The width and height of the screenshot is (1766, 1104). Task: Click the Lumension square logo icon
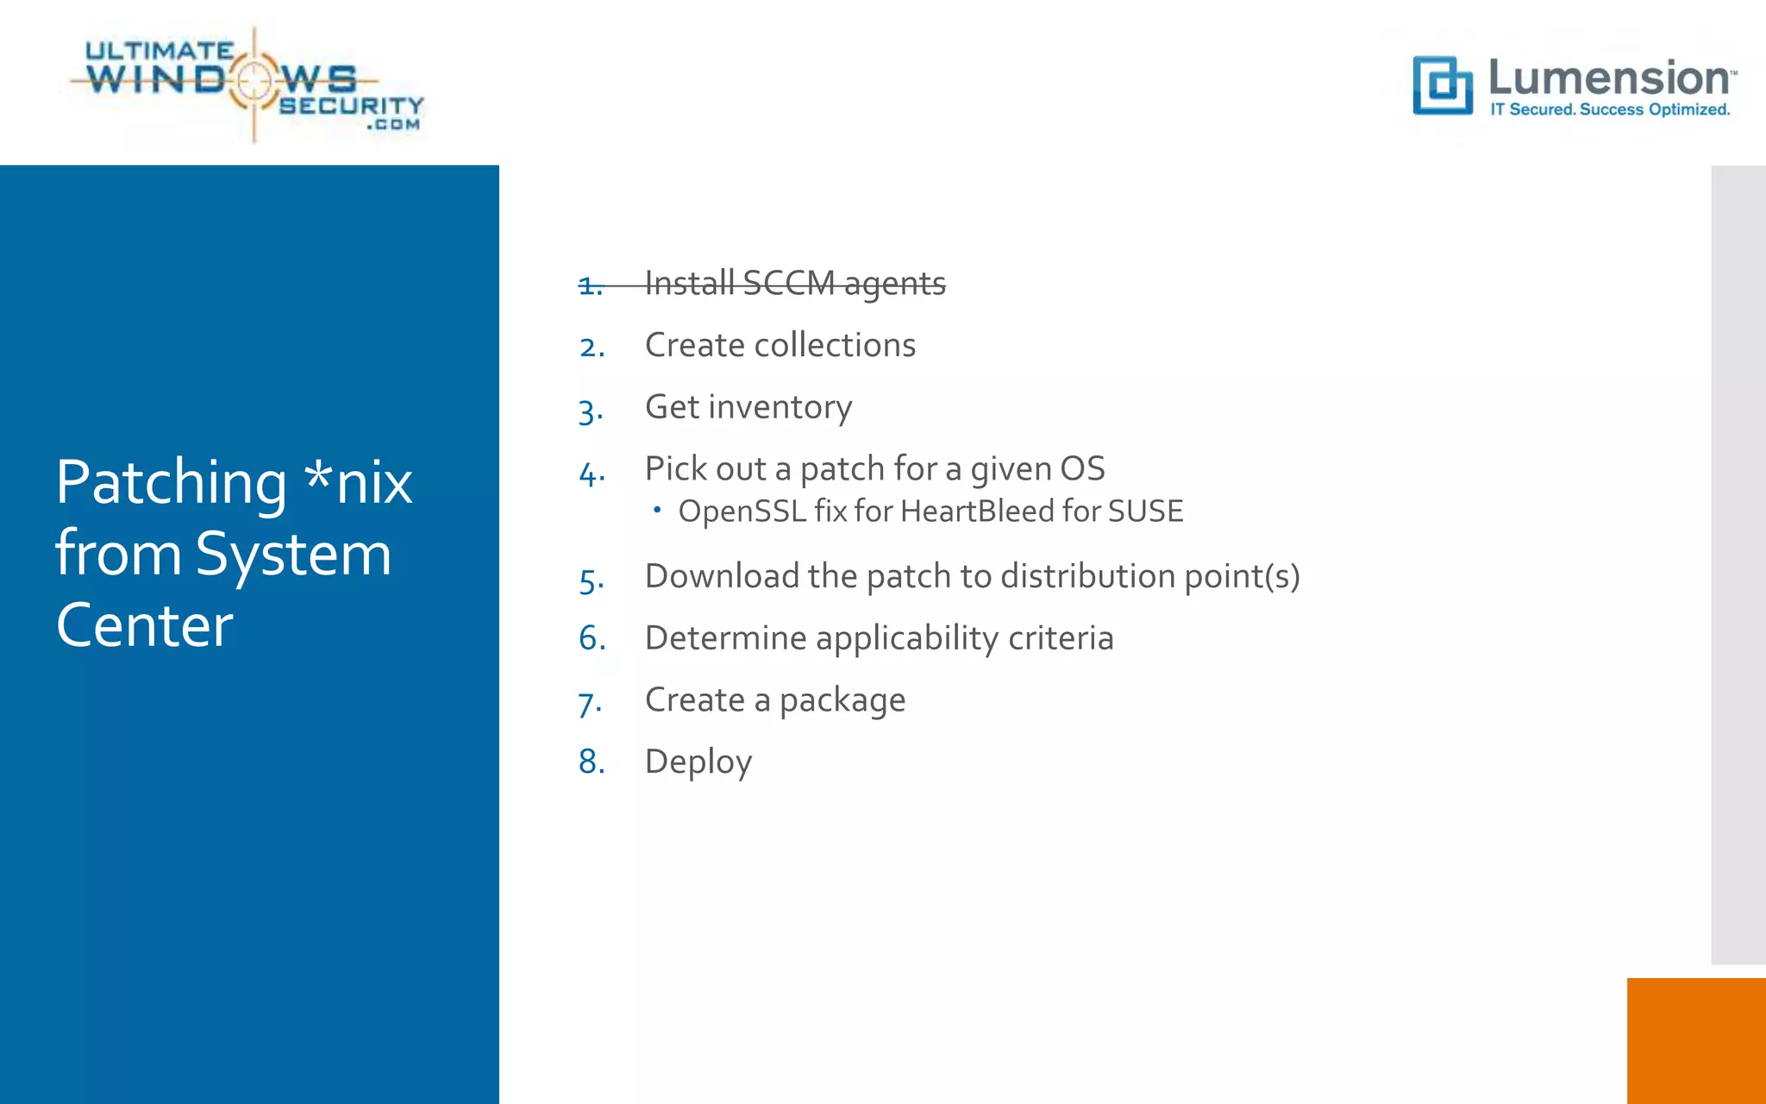point(1442,85)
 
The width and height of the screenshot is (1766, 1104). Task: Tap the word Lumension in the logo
point(1609,78)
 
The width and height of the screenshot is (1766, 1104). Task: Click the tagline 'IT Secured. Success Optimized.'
point(1610,110)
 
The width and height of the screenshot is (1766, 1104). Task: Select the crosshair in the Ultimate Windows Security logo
point(254,81)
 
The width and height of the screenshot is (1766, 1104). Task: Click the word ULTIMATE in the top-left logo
point(160,51)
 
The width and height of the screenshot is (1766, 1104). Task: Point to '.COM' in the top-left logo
point(393,125)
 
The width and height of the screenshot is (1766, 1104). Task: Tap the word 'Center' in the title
point(145,625)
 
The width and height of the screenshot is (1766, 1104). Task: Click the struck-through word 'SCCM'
point(788,283)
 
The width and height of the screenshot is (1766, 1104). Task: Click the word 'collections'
point(834,345)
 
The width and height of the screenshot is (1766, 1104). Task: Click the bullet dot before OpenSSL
point(657,511)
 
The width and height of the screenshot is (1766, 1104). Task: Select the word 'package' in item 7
point(842,701)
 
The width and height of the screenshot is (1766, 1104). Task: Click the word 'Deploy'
point(698,762)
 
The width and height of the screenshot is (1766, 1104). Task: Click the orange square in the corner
point(1695,1040)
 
